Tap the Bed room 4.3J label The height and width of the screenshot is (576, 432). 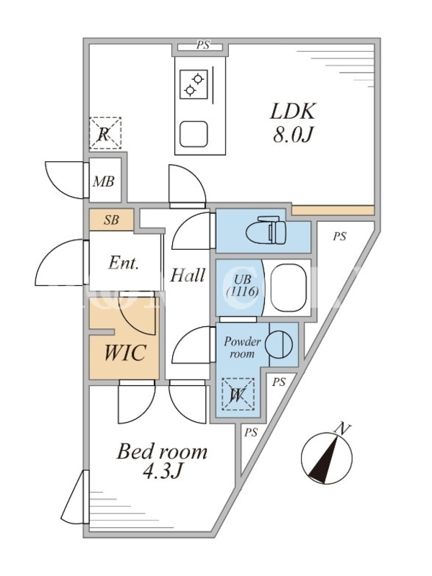162,462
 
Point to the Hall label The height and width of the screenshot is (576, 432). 187,275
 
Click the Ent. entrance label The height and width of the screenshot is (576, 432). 123,264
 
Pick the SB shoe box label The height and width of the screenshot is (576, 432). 111,220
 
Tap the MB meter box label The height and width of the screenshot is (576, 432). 104,182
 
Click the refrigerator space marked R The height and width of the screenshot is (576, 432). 104,133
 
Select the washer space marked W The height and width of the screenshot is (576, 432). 237,395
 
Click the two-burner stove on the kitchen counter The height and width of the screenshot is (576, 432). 194,83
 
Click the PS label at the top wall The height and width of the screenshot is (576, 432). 202,45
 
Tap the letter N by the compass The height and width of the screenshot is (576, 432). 344,429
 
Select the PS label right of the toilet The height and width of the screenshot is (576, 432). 338,236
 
